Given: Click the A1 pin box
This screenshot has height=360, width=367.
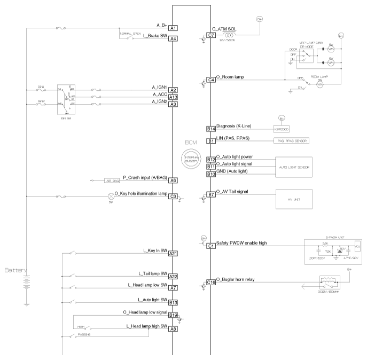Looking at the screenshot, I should pyautogui.click(x=173, y=28).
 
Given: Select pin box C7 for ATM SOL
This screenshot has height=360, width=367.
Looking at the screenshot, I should pyautogui.click(x=211, y=35).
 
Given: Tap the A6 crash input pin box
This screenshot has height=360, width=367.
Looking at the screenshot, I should pyautogui.click(x=173, y=181).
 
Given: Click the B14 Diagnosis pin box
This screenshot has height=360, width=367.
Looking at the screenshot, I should pyautogui.click(x=211, y=129).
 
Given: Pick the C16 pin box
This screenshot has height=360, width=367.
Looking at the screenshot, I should pyautogui.click(x=211, y=282).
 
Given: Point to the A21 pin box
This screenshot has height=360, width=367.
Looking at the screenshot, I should pyautogui.click(x=173, y=254).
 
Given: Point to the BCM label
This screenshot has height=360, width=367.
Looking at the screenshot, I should pyautogui.click(x=192, y=144).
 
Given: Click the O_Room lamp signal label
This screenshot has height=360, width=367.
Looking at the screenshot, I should pyautogui.click(x=230, y=77).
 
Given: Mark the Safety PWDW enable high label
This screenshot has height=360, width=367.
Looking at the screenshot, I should pyautogui.click(x=241, y=242).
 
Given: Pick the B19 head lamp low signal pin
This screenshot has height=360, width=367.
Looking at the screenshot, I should pyautogui.click(x=173, y=315).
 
